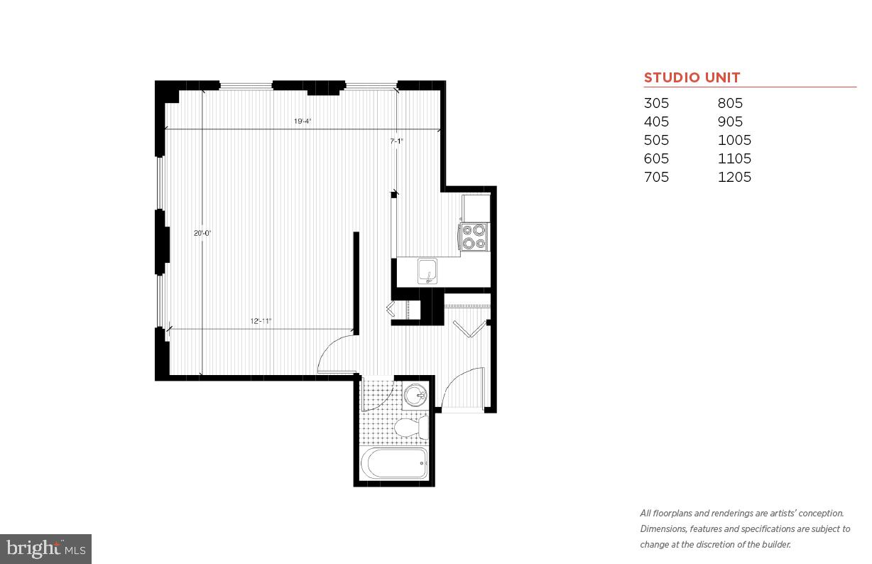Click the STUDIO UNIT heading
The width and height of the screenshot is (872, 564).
692,78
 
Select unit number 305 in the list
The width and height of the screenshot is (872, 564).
656,103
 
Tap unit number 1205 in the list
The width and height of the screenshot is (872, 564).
734,177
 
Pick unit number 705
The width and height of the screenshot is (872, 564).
656,177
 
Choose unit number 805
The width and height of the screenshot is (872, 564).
730,103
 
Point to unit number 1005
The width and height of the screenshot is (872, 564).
734,140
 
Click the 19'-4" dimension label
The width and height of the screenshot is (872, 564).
303,121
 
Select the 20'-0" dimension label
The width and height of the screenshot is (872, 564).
202,233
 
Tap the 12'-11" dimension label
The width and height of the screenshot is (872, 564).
261,321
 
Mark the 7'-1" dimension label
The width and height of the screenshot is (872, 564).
396,141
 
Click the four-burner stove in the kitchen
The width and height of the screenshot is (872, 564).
474,237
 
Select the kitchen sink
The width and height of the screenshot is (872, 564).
428,271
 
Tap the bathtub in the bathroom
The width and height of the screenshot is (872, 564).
395,464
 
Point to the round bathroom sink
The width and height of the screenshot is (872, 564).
415,395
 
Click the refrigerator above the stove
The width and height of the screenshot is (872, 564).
476,208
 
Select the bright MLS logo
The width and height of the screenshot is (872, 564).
45,548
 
